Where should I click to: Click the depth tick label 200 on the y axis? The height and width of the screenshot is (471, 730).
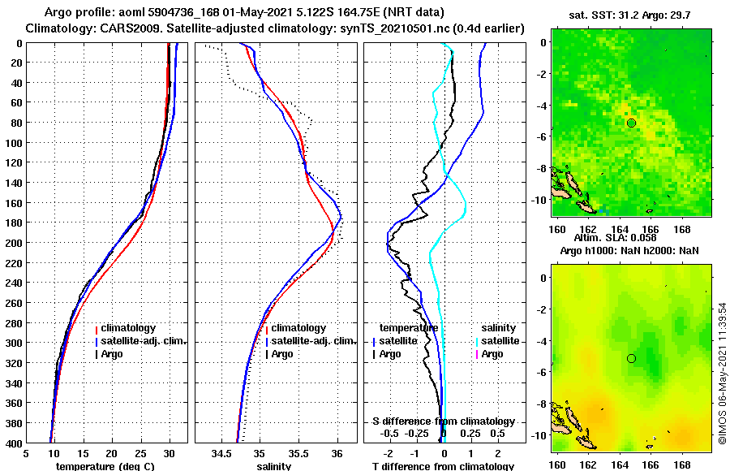click(15, 242)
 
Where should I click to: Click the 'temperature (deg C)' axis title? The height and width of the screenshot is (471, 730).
click(105, 466)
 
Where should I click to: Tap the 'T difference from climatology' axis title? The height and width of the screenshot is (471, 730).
click(443, 466)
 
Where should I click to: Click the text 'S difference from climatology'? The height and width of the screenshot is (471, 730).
click(443, 421)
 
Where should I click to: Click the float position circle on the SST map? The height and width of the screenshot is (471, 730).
click(631, 123)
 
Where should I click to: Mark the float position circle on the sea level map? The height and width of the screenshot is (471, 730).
click(631, 358)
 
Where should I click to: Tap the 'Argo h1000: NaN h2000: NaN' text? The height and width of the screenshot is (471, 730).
click(629, 250)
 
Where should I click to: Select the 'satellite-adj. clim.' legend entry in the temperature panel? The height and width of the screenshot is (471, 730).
click(143, 341)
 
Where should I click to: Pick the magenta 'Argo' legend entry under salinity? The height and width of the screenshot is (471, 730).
click(492, 354)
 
